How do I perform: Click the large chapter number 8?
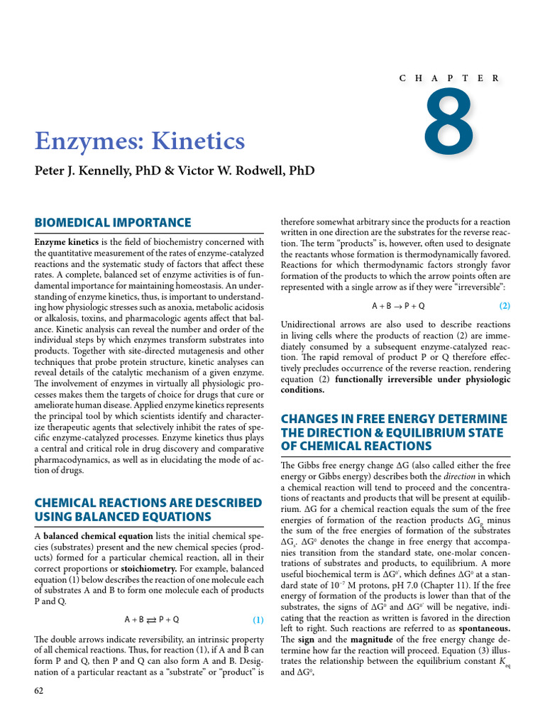[x=448, y=126]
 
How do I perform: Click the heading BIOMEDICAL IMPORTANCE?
[x=113, y=222]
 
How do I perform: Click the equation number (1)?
[x=258, y=619]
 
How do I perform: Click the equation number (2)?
[x=504, y=306]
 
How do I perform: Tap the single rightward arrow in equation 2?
[x=397, y=306]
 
